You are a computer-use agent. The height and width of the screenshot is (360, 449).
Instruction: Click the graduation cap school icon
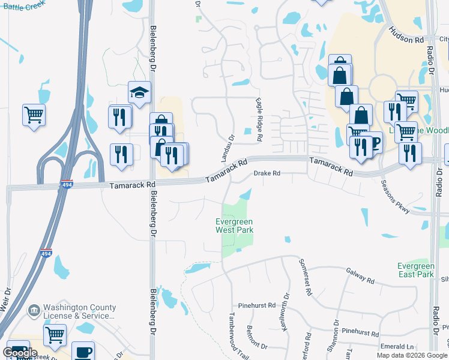click(139, 93)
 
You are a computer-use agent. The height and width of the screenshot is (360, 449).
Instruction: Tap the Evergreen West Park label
click(235, 226)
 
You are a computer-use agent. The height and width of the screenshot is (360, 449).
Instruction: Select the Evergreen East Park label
click(415, 270)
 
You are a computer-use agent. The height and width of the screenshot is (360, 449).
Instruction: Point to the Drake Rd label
click(267, 173)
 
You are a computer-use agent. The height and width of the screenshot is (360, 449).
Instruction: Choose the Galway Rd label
click(360, 276)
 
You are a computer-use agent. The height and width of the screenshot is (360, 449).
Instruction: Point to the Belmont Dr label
click(256, 337)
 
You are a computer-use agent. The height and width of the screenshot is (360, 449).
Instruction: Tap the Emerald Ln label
click(397, 347)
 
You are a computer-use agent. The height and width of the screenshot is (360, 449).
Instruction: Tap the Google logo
click(20, 353)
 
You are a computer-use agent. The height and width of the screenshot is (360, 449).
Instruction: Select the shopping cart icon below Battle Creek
click(34, 113)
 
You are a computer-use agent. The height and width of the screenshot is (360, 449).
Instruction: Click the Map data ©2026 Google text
click(412, 355)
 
